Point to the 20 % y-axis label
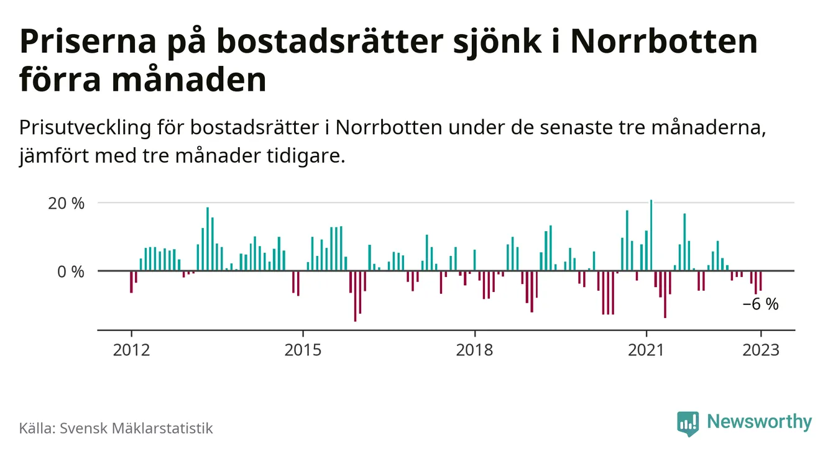65,203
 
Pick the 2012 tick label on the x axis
131,350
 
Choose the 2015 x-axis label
303,350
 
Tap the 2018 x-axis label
474,350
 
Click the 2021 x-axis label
646,350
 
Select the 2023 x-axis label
760,350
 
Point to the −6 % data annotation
760,304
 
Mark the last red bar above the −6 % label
760,281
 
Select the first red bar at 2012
131,281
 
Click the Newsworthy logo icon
688,423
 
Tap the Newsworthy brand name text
759,422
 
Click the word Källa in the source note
35,428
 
